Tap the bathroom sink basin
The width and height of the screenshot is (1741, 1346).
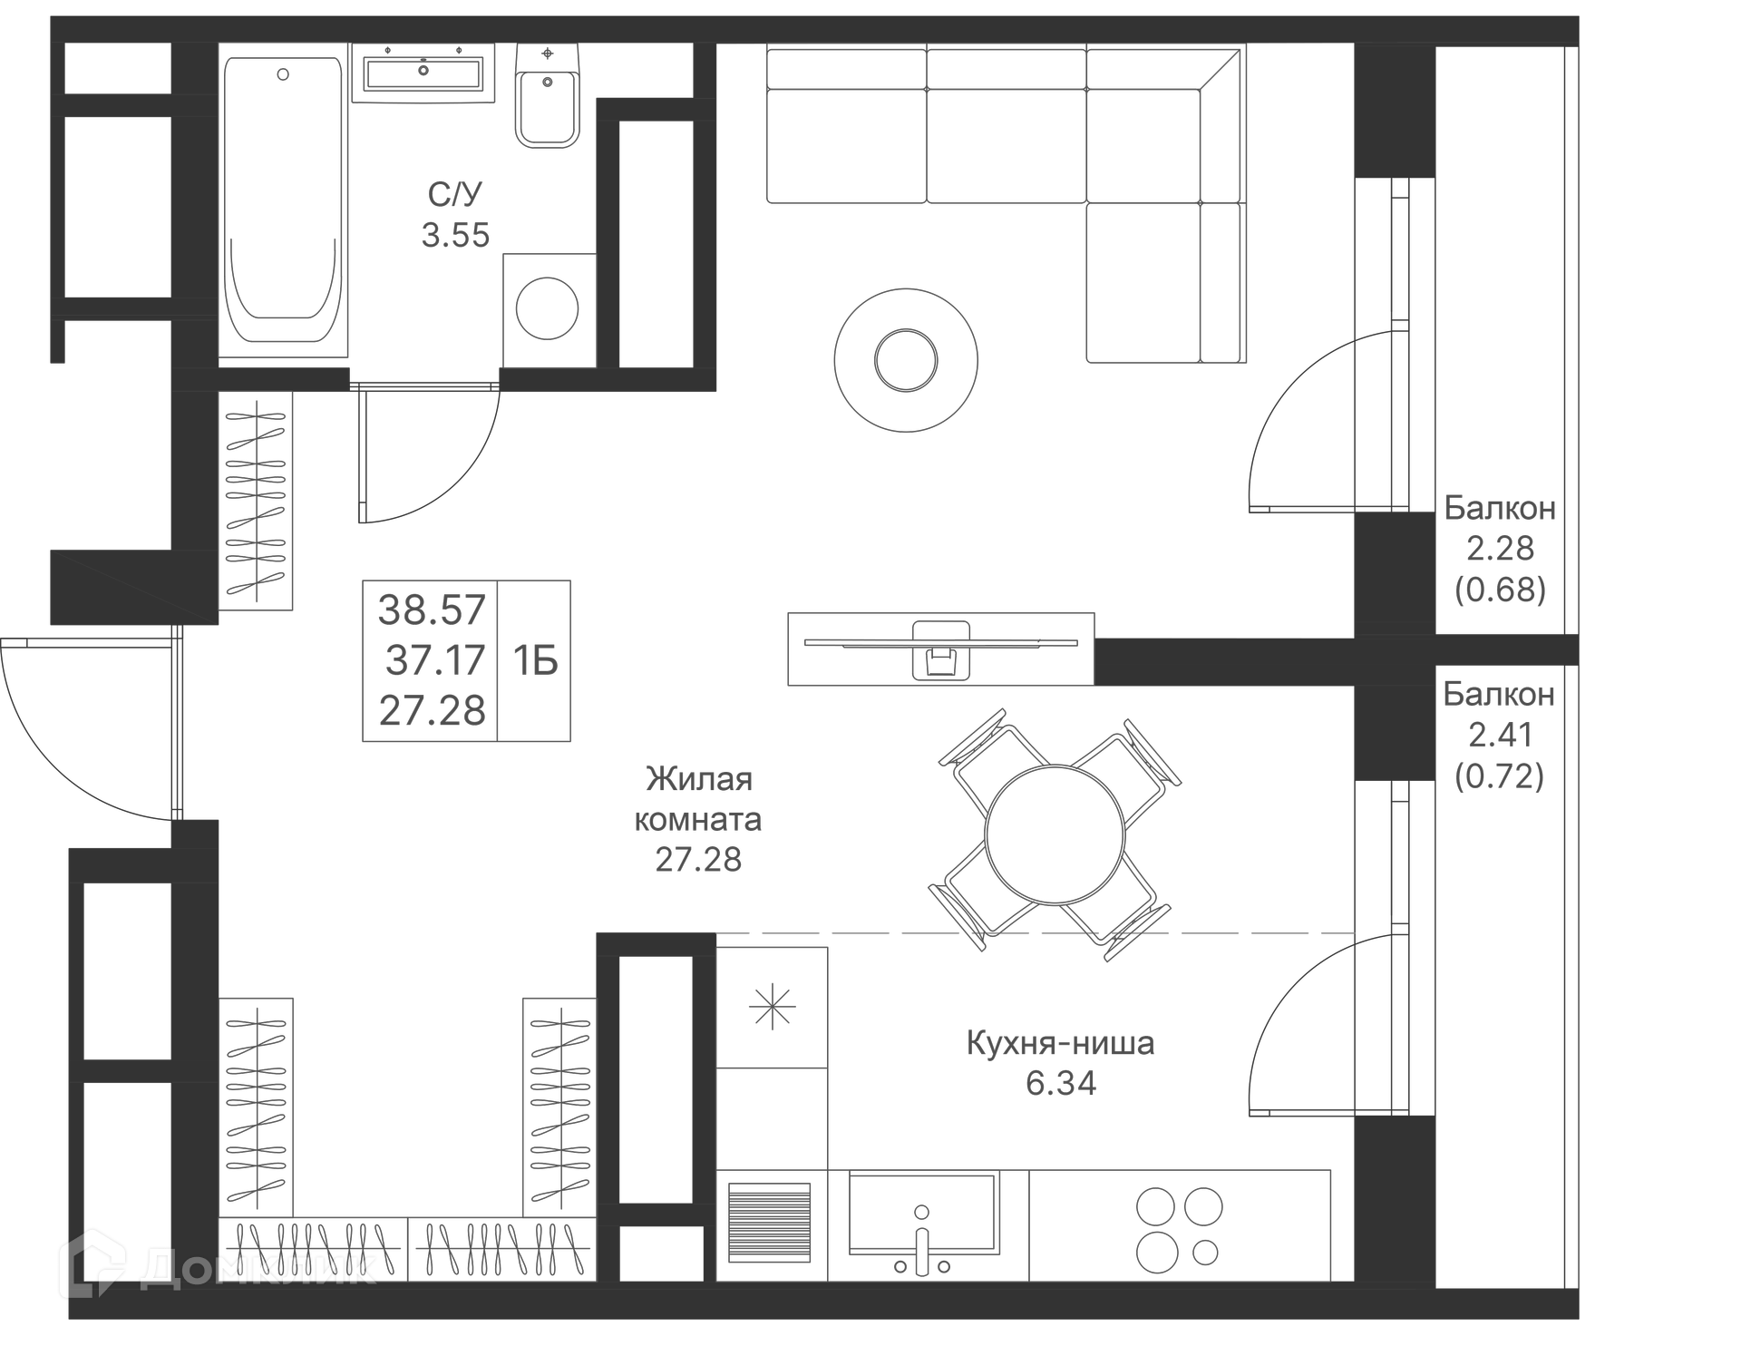point(423,72)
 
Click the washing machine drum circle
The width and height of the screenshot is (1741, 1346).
point(547,308)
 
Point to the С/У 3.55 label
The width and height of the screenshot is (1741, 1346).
point(455,215)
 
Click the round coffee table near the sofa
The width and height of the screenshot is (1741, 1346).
point(905,360)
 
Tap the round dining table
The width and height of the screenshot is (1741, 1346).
point(1055,834)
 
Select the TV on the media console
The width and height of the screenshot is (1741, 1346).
point(940,643)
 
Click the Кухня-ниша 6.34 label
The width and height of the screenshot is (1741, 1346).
point(1060,1062)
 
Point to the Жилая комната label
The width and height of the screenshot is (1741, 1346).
point(698,799)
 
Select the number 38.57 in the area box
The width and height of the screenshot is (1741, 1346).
point(432,610)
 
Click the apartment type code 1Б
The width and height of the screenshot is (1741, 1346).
point(535,661)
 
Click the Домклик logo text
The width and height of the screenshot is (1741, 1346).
point(258,1266)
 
